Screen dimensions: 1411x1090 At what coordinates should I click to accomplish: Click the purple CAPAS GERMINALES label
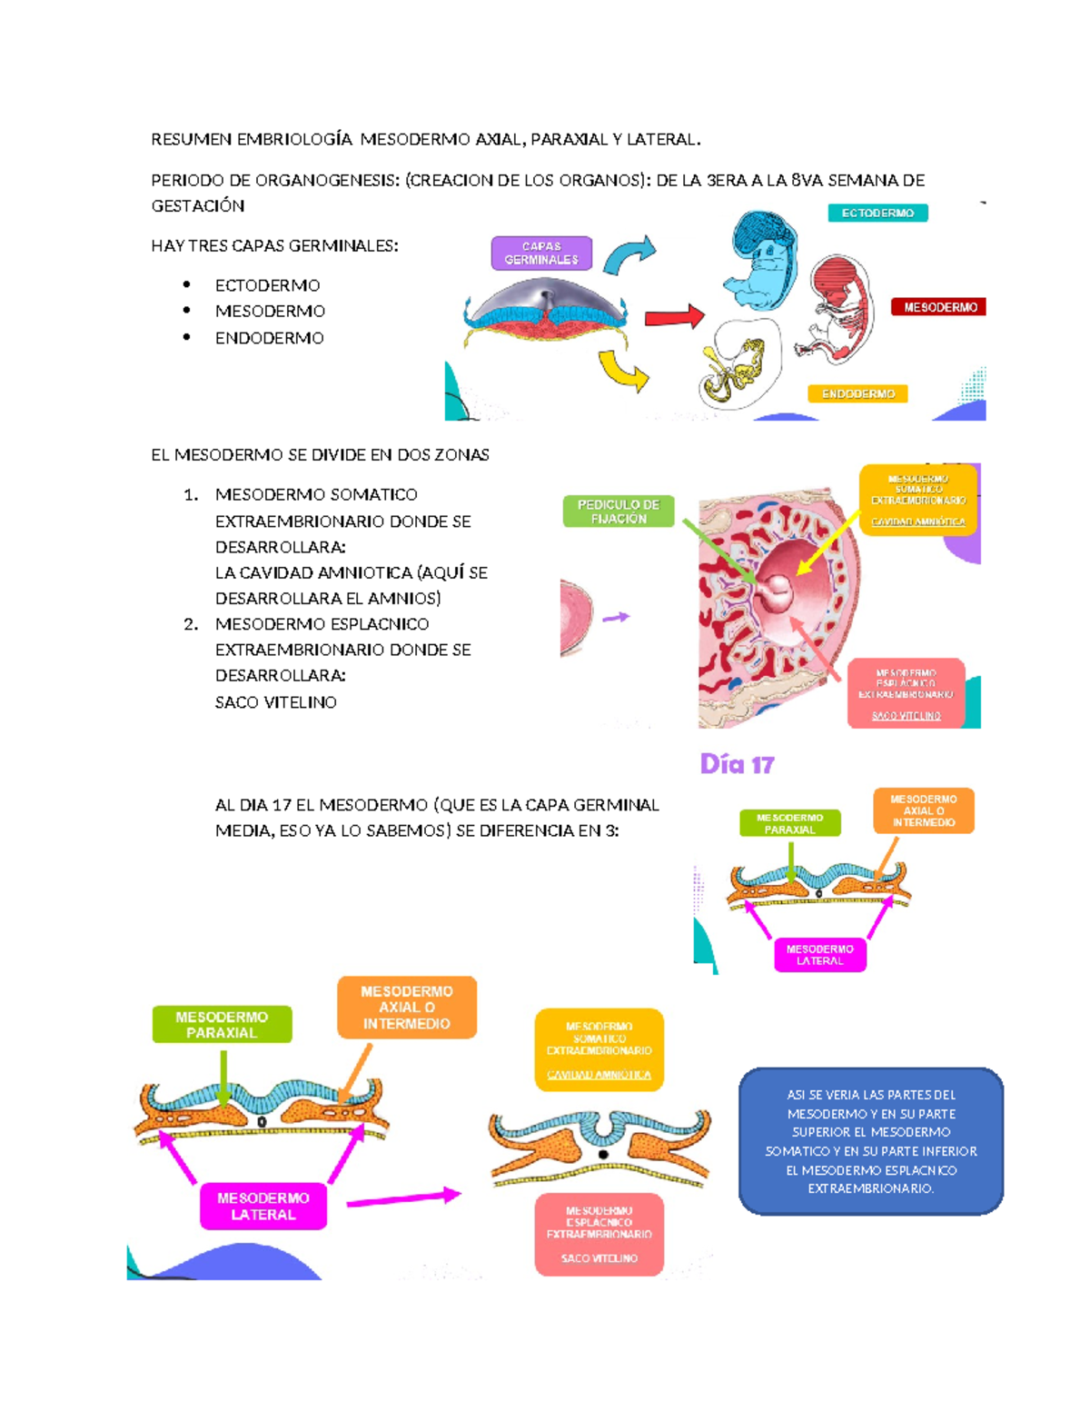pyautogui.click(x=541, y=253)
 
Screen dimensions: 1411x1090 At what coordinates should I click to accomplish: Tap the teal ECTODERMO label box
pyautogui.click(x=877, y=213)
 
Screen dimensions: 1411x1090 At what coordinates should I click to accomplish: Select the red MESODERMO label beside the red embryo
pyautogui.click(x=939, y=307)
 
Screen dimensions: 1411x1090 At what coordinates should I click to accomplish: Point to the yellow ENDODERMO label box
pyautogui.click(x=857, y=393)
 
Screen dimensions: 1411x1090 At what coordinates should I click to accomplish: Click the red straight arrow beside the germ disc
pyautogui.click(x=673, y=317)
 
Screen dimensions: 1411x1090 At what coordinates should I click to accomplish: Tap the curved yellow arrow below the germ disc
pyautogui.click(x=624, y=370)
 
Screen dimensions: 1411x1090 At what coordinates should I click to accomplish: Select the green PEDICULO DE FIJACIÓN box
pyautogui.click(x=618, y=512)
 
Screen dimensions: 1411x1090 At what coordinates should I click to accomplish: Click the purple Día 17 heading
pyautogui.click(x=737, y=765)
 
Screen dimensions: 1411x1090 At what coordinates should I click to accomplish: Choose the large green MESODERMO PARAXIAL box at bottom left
pyautogui.click(x=222, y=1024)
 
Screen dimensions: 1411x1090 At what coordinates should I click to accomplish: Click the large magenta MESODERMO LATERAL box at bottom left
pyautogui.click(x=263, y=1206)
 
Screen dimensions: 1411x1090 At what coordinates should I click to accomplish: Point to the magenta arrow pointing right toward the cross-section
pyautogui.click(x=403, y=1198)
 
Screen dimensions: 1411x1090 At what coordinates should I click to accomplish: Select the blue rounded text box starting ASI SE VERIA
pyautogui.click(x=870, y=1141)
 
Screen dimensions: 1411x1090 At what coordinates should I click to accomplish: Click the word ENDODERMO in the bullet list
pyautogui.click(x=269, y=338)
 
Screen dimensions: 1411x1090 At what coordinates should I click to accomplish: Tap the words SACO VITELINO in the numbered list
pyautogui.click(x=275, y=702)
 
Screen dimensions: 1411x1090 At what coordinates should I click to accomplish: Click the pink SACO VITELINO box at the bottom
pyautogui.click(x=599, y=1234)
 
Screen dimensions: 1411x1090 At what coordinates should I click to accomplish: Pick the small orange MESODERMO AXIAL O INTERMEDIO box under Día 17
pyautogui.click(x=923, y=810)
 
